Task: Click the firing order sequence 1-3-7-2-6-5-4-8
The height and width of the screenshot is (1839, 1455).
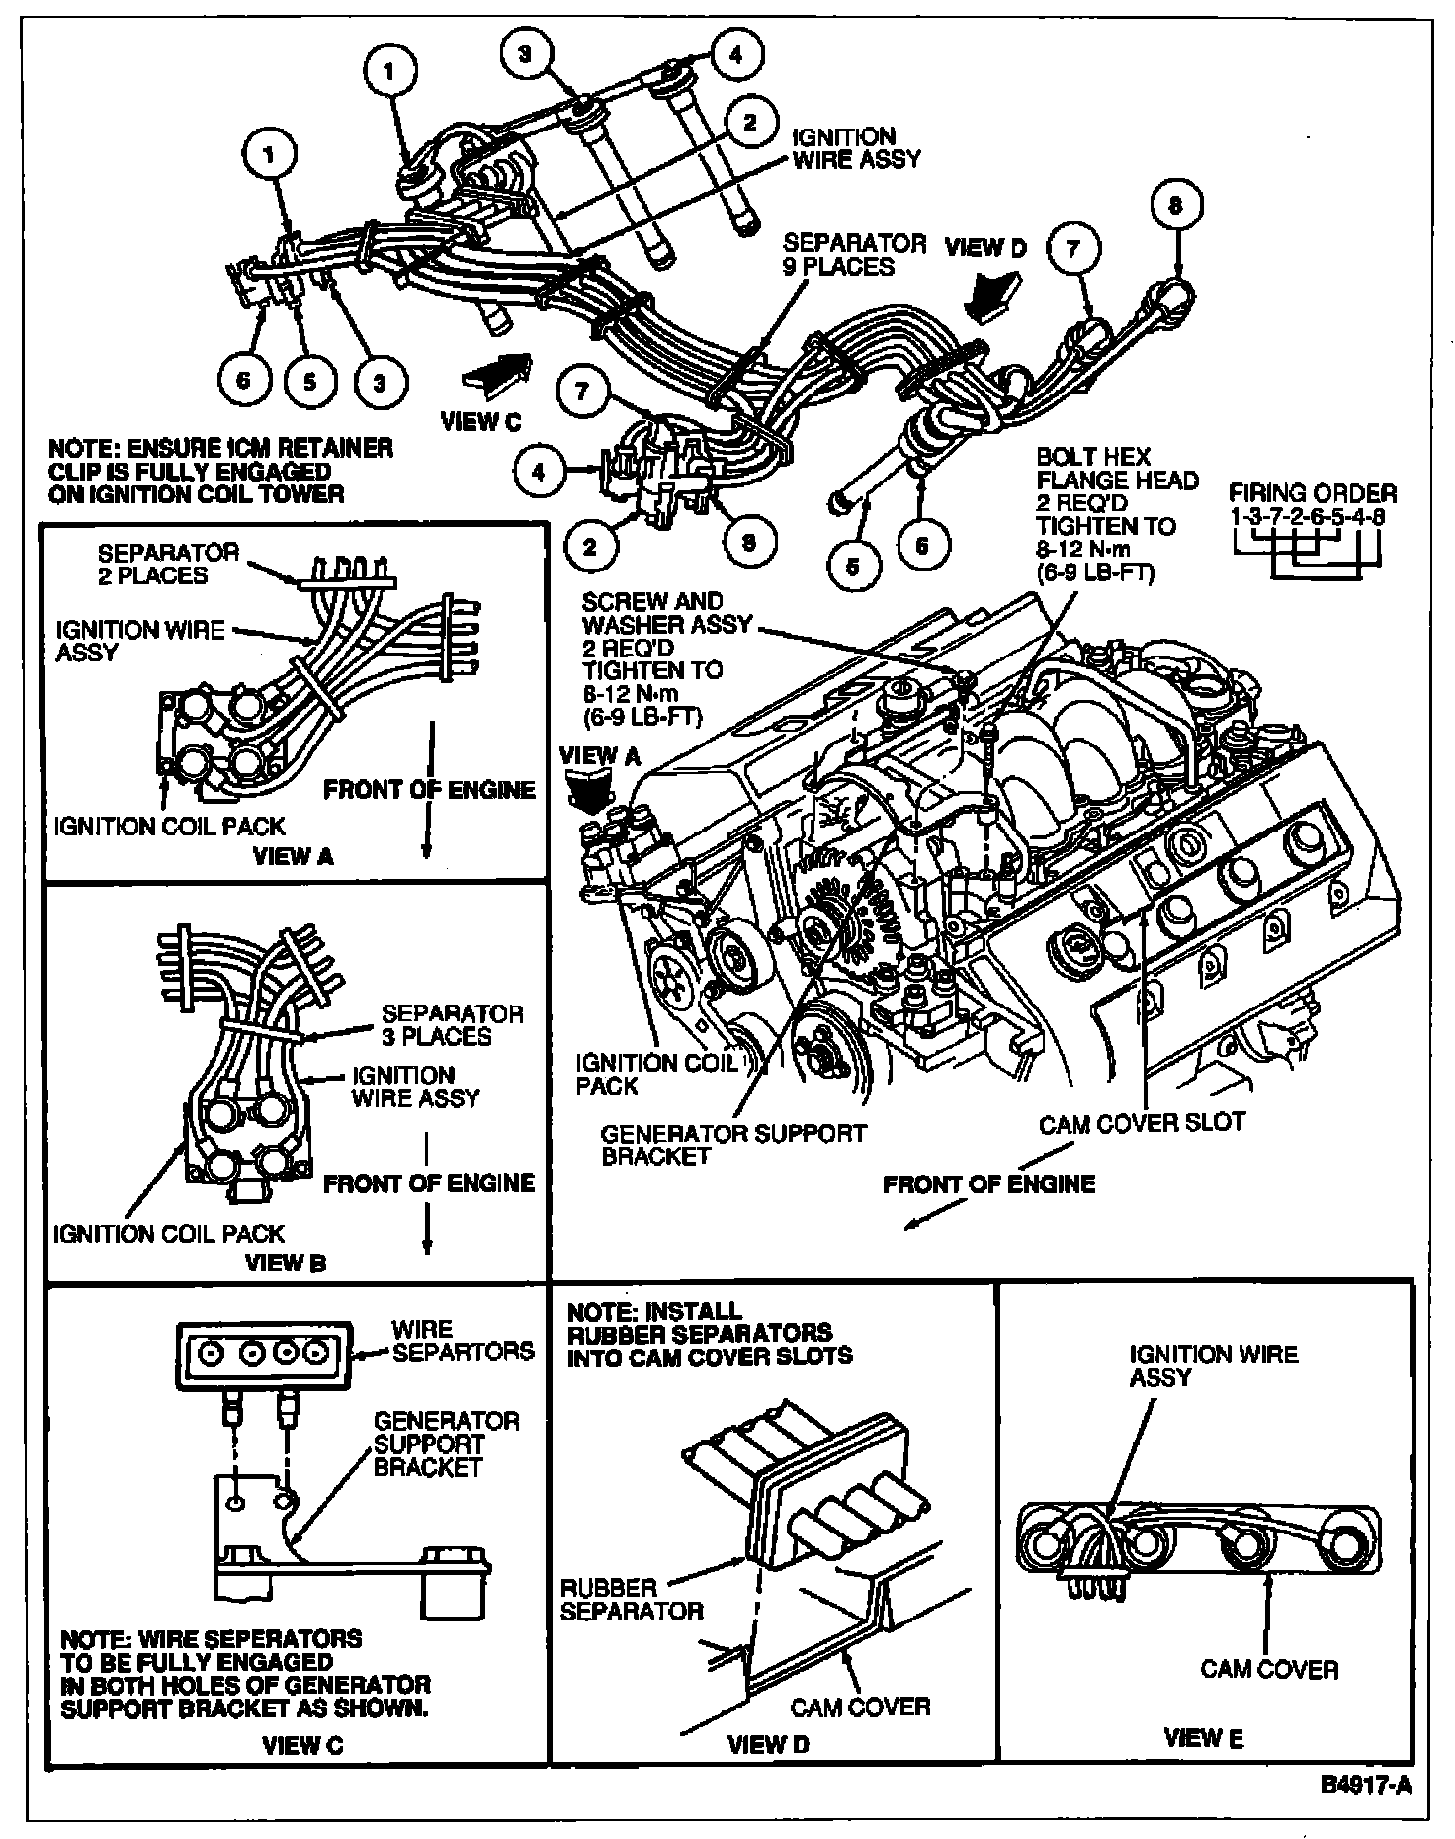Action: [x=1313, y=517]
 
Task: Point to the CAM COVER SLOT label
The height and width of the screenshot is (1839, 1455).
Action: [x=1142, y=1122]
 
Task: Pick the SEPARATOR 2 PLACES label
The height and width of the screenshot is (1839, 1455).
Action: [x=153, y=564]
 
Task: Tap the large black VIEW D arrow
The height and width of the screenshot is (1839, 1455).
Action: [x=992, y=294]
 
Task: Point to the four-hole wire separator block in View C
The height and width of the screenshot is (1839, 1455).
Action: [x=260, y=1352]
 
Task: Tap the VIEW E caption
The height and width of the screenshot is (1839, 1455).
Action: [x=1203, y=1737]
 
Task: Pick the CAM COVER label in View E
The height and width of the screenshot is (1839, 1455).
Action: [x=1269, y=1669]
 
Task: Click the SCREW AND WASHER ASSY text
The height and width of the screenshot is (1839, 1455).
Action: [x=667, y=613]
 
